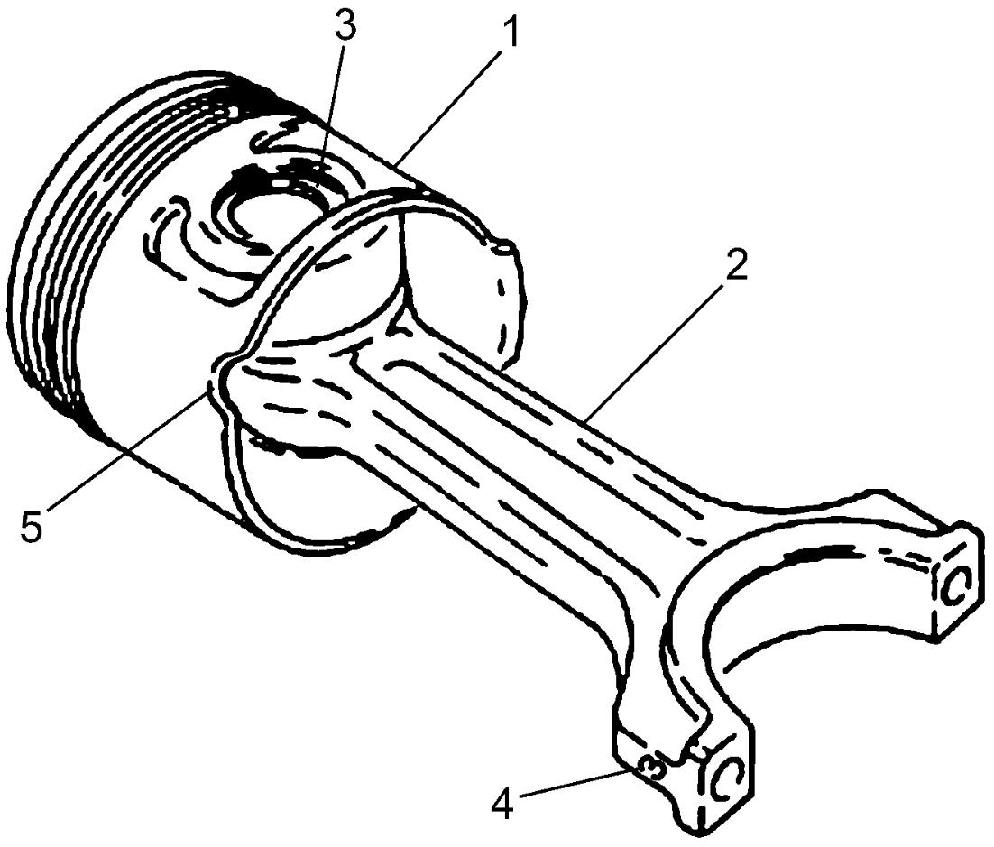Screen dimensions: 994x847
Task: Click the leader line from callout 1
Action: pyautogui.click(x=449, y=107)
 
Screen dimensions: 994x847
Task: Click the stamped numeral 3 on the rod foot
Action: pyautogui.click(x=651, y=769)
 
